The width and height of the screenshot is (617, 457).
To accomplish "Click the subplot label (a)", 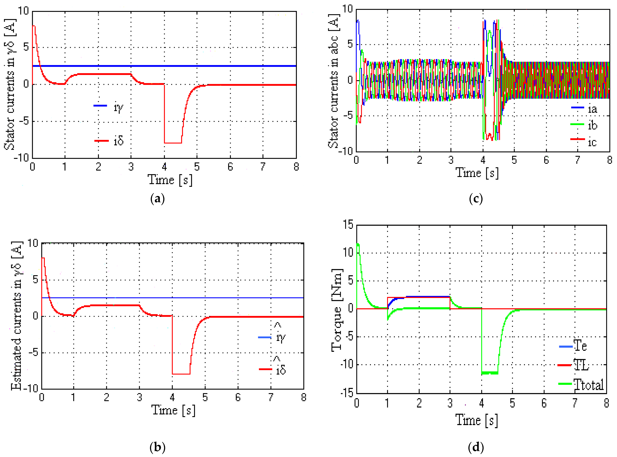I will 157,199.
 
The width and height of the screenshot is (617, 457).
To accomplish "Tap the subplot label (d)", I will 476,447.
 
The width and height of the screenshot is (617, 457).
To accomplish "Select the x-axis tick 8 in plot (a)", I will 296,167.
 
